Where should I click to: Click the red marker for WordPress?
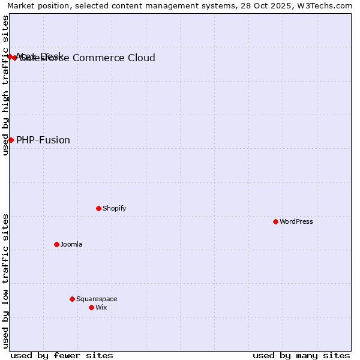point(275,221)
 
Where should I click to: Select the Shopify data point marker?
point(98,208)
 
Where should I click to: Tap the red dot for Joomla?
point(56,244)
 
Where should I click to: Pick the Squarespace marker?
point(72,299)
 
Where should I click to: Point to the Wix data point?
point(91,307)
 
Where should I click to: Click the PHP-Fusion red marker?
point(11,140)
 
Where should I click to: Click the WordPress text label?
point(296,221)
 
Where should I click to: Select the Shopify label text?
point(114,208)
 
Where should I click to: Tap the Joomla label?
point(71,244)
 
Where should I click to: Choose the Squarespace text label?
point(97,299)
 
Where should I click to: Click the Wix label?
point(101,307)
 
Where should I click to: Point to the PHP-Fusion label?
point(43,140)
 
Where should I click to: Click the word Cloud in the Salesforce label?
point(142,58)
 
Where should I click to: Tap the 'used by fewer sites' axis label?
point(62,355)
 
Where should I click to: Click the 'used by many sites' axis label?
point(301,355)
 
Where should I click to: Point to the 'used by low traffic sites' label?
point(5,280)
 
